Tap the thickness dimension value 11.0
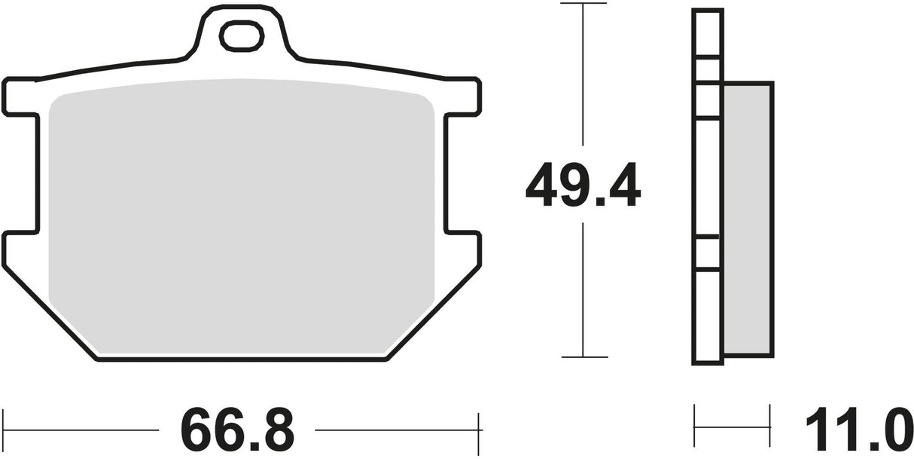pyautogui.click(x=855, y=431)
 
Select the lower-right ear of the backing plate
pyautogui.click(x=463, y=249)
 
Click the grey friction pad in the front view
pyautogui.click(x=241, y=219)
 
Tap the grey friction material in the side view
pyautogui.click(x=747, y=219)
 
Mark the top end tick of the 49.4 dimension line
pyautogui.click(x=583, y=4)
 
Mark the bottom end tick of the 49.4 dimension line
pyautogui.click(x=583, y=356)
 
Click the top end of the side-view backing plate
pyautogui.click(x=708, y=11)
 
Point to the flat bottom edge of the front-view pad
pyautogui.click(x=241, y=360)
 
